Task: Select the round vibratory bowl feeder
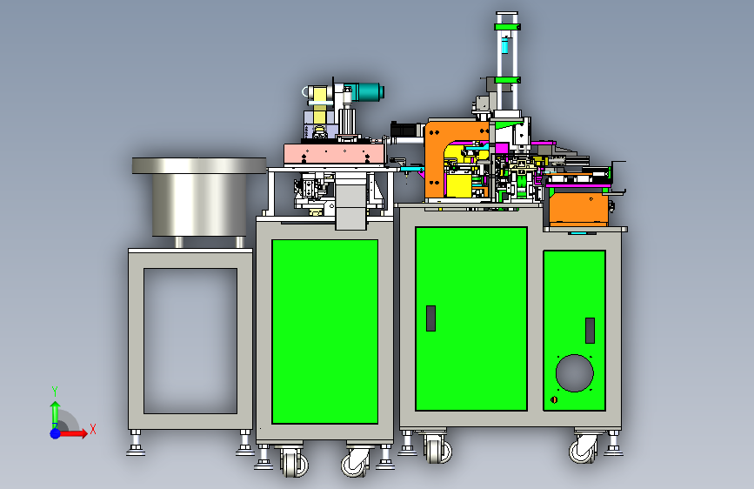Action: [199, 197]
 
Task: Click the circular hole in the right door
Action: [574, 373]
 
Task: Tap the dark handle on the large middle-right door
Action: [430, 318]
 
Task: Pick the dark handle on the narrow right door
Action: [590, 330]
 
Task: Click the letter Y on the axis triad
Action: [55, 391]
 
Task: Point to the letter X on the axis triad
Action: [93, 429]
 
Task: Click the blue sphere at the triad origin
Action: [56, 433]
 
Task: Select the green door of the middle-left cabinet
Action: [324, 332]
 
